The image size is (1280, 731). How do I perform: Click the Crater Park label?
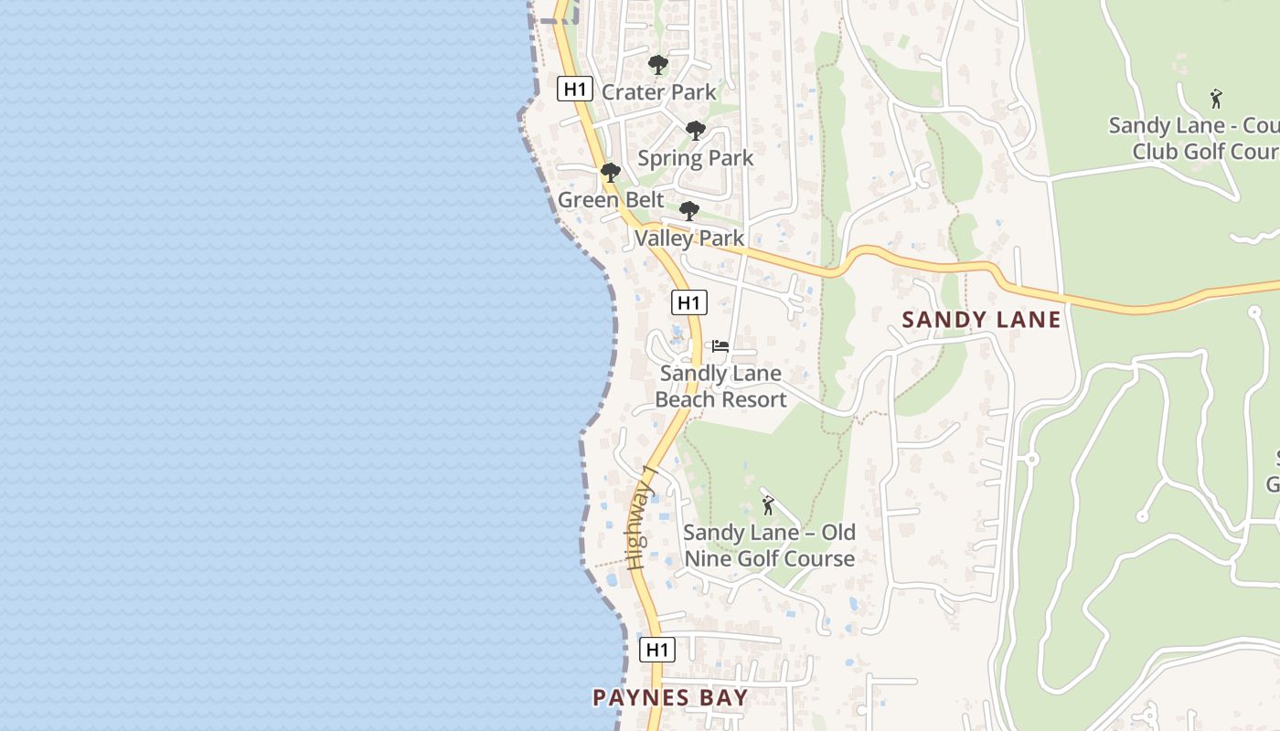pyautogui.click(x=658, y=92)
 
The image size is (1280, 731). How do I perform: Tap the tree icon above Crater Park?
pyautogui.click(x=657, y=65)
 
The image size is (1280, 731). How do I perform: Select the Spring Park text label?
pyautogui.click(x=695, y=158)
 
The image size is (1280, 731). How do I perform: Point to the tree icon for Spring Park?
pyautogui.click(x=696, y=131)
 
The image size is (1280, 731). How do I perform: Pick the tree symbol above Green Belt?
pyautogui.click(x=610, y=173)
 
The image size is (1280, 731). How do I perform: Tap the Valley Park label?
pyautogui.click(x=689, y=238)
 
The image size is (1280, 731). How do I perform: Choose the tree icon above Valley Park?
pyautogui.click(x=689, y=212)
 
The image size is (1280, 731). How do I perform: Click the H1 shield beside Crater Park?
pyautogui.click(x=573, y=89)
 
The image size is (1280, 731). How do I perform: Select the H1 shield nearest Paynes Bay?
pyautogui.click(x=656, y=650)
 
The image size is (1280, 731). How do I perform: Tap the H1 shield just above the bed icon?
pyautogui.click(x=689, y=302)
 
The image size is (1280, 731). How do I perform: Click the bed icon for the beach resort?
pyautogui.click(x=720, y=346)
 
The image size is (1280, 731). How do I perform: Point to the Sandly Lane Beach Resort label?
pyautogui.click(x=720, y=387)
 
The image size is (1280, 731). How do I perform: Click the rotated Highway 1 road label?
pyautogui.click(x=643, y=517)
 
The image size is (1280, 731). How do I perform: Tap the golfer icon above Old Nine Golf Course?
pyautogui.click(x=768, y=504)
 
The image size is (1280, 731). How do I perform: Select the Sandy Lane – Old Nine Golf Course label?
pyautogui.click(x=769, y=546)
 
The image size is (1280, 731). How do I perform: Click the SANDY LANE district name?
pyautogui.click(x=981, y=320)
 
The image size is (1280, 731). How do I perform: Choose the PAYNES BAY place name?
pyautogui.click(x=670, y=698)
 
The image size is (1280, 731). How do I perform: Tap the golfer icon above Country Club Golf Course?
pyautogui.click(x=1216, y=99)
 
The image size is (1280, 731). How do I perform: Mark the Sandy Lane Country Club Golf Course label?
pyautogui.click(x=1193, y=138)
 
